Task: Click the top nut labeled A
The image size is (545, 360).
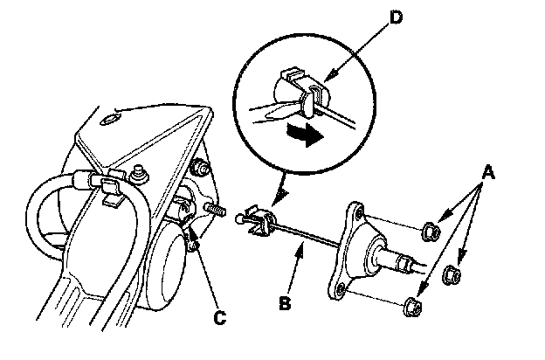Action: [x=430, y=232]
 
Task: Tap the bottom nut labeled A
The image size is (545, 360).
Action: [x=414, y=306]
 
